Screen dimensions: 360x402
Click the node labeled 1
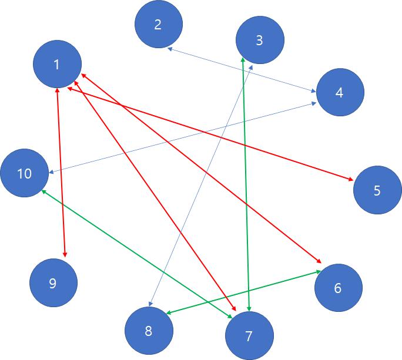pos(57,65)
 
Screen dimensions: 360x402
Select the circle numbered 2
pos(158,25)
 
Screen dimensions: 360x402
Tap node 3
pos(260,40)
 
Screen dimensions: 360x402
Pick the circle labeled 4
pos(340,92)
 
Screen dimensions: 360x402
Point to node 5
pos(377,190)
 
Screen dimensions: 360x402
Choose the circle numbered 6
pos(338,288)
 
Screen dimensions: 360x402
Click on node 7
pos(249,336)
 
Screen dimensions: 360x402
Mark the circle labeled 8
pos(149,331)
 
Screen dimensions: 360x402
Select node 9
pos(53,284)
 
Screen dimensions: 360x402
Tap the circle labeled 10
pos(25,173)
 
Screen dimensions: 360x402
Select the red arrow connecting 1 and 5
pos(235,141)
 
